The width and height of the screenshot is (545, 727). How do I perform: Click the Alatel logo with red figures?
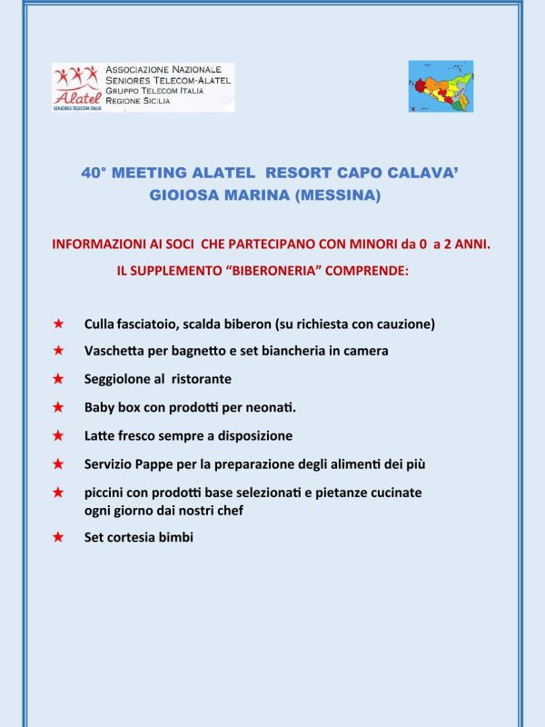click(x=77, y=86)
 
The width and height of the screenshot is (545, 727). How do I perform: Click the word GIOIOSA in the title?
click(x=184, y=194)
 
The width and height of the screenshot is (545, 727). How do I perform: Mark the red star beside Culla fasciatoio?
click(x=58, y=324)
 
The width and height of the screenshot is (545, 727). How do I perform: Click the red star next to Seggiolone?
click(x=58, y=379)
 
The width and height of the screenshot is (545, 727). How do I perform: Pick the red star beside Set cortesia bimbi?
click(x=58, y=537)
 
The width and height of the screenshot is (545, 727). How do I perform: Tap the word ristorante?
click(x=200, y=379)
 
